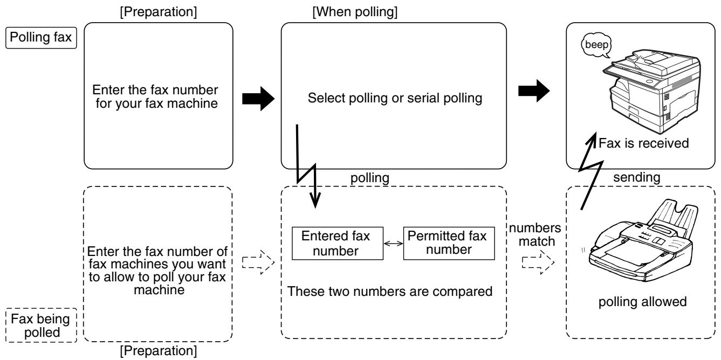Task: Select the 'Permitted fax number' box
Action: [x=447, y=241]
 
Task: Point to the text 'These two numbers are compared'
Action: [x=390, y=292]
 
